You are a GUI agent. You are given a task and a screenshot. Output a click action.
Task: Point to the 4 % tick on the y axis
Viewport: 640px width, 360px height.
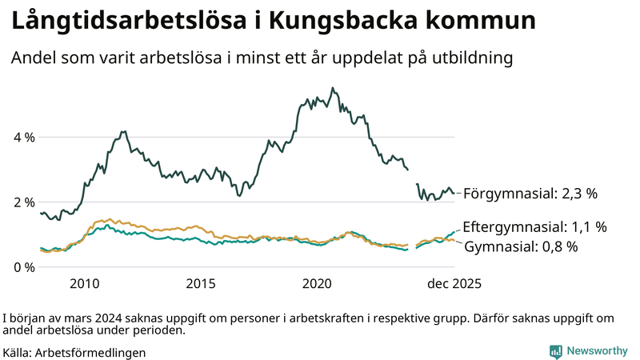click(24, 137)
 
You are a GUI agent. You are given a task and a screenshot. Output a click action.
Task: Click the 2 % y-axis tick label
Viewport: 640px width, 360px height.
click(24, 202)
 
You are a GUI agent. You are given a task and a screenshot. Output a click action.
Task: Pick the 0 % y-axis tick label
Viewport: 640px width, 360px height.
click(24, 266)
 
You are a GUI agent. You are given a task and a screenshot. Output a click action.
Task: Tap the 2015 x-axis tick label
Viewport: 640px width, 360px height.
click(201, 284)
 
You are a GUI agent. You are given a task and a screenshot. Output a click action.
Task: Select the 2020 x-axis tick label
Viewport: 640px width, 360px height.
click(318, 284)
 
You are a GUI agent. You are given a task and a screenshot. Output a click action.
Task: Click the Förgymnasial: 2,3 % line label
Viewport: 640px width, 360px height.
click(530, 193)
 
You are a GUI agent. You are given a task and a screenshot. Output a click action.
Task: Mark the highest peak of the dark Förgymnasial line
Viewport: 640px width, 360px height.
click(332, 88)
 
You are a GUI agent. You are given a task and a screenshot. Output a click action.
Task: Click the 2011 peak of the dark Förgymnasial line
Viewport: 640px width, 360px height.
click(122, 131)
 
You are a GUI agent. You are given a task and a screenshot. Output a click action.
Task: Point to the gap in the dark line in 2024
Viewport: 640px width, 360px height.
click(413, 177)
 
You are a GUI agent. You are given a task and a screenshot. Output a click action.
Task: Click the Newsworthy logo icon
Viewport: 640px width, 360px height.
click(555, 351)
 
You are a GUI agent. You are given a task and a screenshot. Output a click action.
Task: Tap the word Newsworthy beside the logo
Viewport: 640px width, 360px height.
click(597, 351)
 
